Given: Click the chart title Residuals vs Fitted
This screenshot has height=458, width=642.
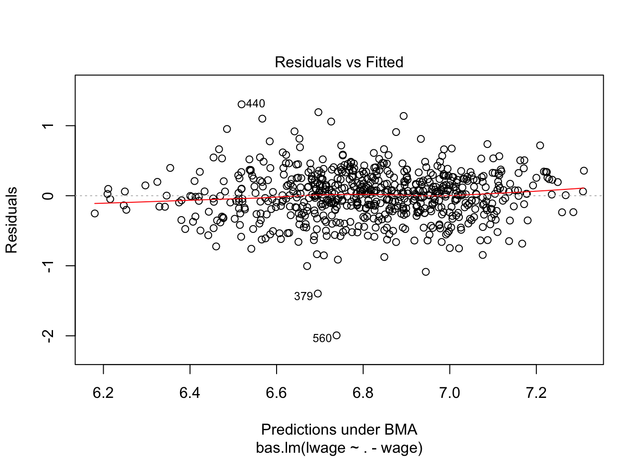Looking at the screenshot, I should tap(339, 62).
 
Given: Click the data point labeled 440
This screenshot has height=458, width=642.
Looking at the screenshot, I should tap(242, 104).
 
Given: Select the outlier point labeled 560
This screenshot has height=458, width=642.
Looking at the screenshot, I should tap(336, 335).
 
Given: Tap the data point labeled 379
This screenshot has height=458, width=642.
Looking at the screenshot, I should tap(318, 293).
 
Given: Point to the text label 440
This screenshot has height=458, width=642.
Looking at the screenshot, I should tap(256, 104).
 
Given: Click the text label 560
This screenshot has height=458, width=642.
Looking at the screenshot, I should tap(322, 339).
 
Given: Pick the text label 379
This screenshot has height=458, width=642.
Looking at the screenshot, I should tap(303, 297).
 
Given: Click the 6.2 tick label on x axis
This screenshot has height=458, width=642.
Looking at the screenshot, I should tap(103, 393).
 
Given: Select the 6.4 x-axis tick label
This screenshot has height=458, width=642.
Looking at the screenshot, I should tap(190, 393).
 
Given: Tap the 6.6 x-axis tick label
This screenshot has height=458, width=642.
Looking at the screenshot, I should tap(277, 393).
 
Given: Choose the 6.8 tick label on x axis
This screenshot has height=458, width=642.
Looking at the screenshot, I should tap(363, 393).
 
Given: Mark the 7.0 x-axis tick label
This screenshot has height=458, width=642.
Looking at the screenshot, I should tap(449, 393).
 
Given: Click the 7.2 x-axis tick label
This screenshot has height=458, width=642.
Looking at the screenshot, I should tap(536, 393).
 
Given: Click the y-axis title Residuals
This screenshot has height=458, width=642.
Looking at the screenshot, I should tap(11, 220).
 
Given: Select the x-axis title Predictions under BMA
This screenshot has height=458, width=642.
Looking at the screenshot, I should tap(339, 429).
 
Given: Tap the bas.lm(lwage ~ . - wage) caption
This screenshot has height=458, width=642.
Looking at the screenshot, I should tap(339, 448).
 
